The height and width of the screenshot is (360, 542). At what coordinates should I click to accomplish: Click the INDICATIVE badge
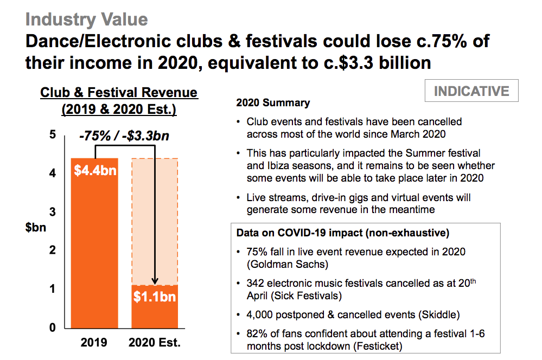point(471,91)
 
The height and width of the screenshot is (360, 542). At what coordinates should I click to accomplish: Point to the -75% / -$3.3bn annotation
point(124,136)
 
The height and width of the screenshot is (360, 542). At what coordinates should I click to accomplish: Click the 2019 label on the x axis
point(94,343)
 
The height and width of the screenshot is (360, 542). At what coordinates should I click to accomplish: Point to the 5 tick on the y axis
point(53,134)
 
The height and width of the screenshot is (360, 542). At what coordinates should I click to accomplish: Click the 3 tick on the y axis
point(53,211)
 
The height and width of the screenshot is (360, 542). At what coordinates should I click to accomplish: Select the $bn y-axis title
point(36,227)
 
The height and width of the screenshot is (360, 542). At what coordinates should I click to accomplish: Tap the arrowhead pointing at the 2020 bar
point(155,280)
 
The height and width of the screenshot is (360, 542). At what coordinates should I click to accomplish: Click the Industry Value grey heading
point(86,20)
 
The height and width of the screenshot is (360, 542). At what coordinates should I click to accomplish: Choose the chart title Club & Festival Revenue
point(119,93)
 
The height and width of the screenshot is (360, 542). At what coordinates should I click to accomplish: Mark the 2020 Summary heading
point(273,102)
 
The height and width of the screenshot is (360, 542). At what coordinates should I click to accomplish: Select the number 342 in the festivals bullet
point(255,283)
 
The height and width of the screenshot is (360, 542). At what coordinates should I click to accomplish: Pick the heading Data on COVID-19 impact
point(343,233)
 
